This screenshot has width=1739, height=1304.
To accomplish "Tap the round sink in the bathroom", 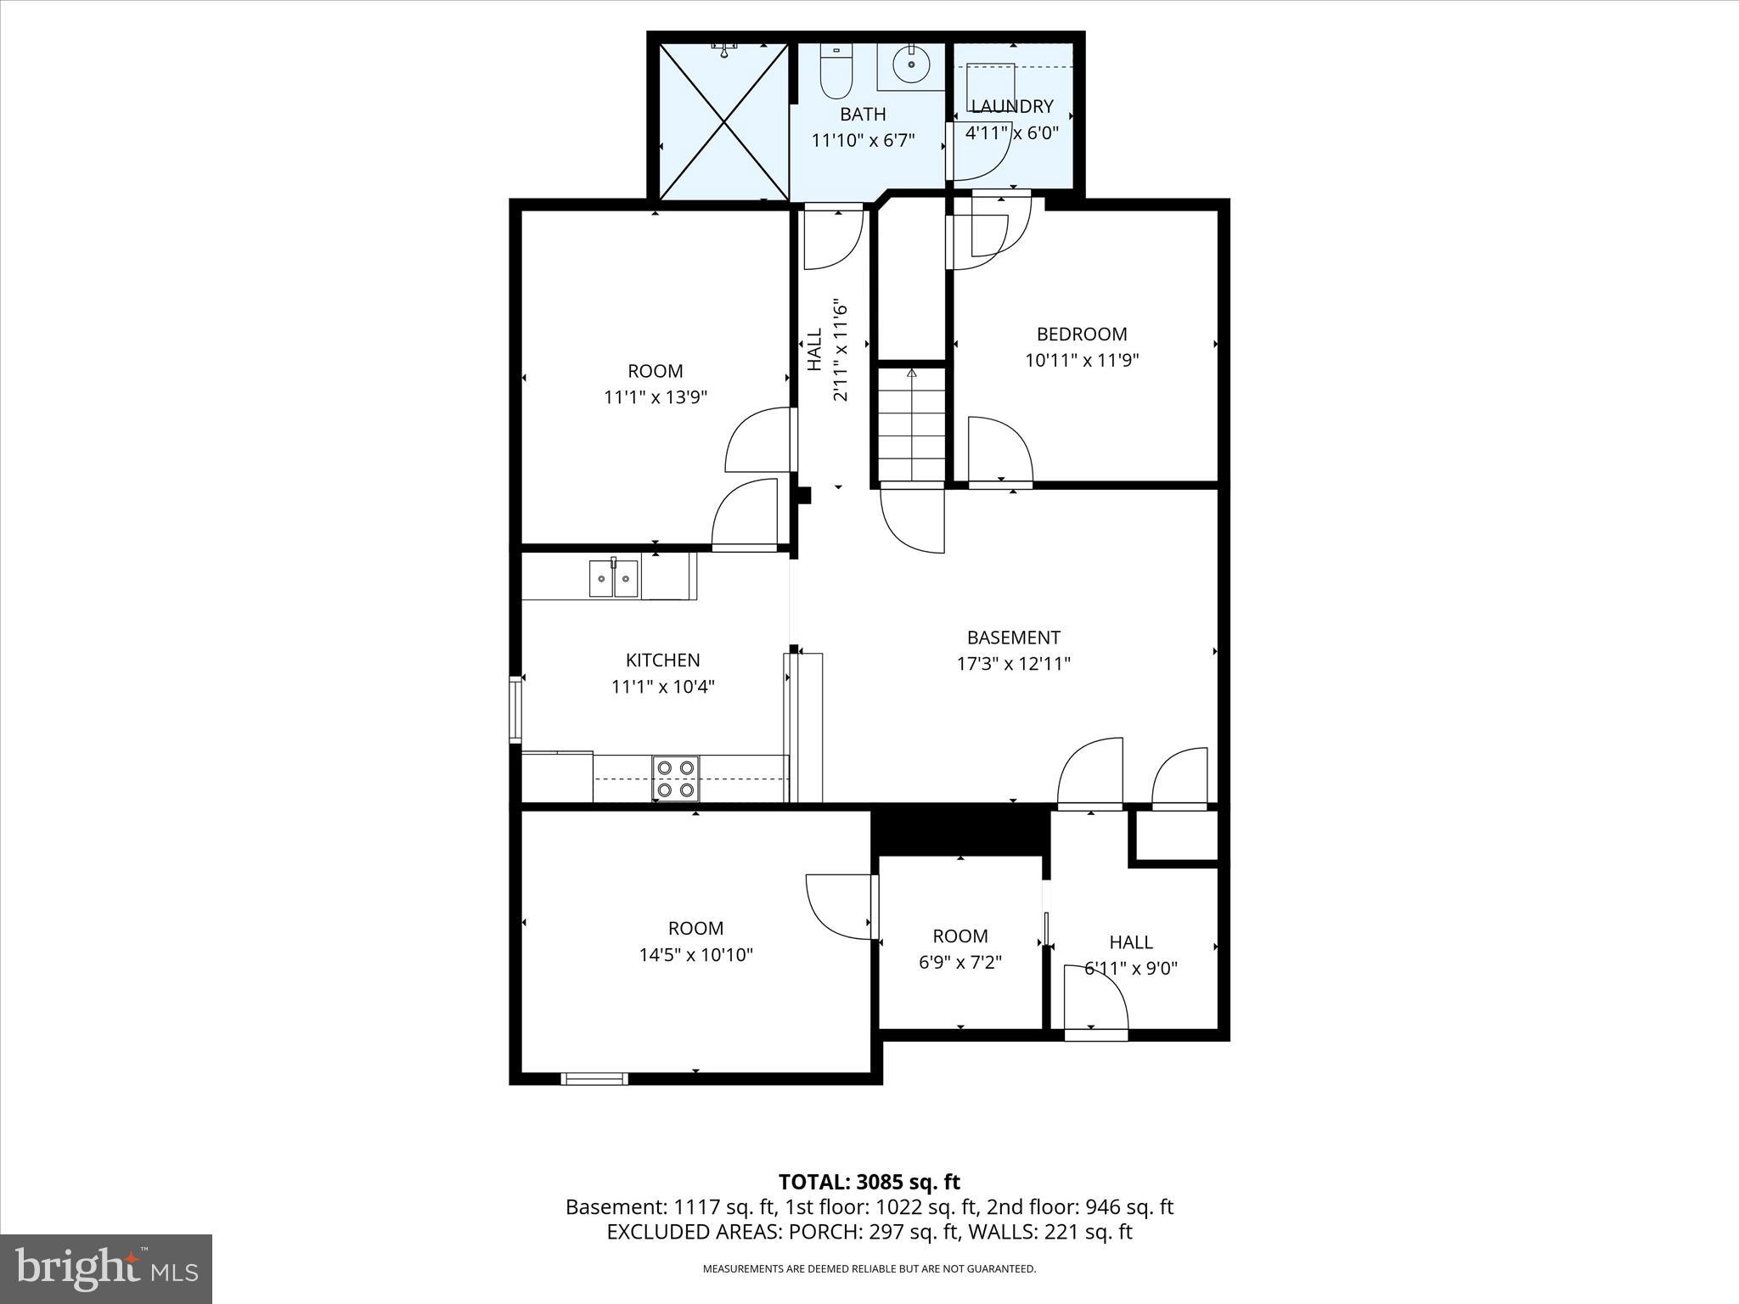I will [911, 64].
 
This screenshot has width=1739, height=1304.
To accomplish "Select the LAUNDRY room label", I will [1011, 106].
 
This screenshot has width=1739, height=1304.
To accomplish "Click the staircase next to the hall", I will [912, 424].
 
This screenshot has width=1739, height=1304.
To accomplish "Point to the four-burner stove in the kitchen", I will [676, 778].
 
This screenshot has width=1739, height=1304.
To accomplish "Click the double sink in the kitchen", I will [614, 579].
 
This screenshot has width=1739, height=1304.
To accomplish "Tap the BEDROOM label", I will [1081, 334].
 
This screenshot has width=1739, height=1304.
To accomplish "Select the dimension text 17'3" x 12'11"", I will [1013, 664].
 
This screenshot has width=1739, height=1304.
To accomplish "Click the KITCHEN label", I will [662, 660].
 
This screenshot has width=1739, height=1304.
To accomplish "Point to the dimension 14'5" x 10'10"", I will [695, 954].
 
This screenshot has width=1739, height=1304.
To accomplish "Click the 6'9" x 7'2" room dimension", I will [960, 962].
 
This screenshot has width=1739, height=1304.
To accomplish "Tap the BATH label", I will [863, 114].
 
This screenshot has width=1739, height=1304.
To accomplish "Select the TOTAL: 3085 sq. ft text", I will [869, 1182].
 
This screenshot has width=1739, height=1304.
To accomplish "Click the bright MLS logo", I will [105, 1268].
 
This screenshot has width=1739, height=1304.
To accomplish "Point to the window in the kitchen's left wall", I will [515, 709].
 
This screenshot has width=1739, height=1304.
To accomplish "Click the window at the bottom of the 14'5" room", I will [594, 1079].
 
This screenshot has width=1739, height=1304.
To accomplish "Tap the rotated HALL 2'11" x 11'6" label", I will [827, 349].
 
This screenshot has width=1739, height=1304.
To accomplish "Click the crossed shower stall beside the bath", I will [723, 122].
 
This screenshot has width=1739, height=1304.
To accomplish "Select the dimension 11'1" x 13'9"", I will [655, 396].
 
